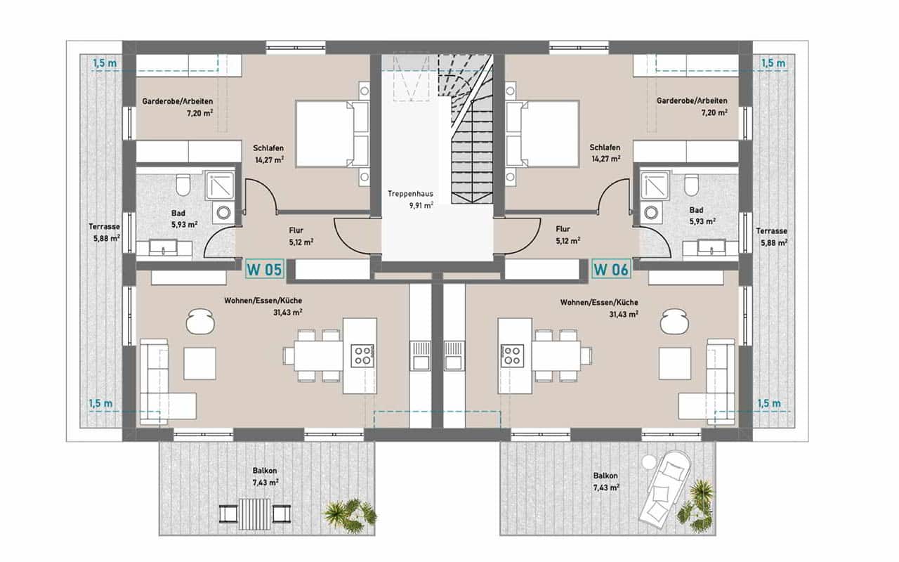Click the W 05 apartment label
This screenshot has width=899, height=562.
click(265, 269)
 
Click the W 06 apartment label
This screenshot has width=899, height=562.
click(611, 269)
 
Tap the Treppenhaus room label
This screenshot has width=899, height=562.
click(410, 194)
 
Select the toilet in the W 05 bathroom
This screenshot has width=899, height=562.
click(183, 185)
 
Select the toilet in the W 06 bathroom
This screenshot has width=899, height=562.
click(692, 185)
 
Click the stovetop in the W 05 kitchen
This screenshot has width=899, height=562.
click(362, 355)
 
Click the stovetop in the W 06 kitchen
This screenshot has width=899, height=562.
click(512, 355)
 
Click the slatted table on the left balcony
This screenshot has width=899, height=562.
click(255, 514)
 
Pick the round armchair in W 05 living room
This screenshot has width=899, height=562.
click(200, 321)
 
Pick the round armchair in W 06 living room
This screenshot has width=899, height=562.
click(675, 321)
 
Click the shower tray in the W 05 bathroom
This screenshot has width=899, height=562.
click(220, 185)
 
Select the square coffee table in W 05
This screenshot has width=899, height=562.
click(200, 364)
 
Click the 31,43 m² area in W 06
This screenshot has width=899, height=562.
click(624, 314)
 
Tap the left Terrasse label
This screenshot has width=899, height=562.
click(105, 227)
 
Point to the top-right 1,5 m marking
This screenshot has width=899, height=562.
click(773, 63)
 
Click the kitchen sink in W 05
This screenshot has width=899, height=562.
click(420, 355)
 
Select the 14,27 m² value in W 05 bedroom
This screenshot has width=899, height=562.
click(270, 159)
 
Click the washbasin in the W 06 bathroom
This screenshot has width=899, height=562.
click(711, 248)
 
